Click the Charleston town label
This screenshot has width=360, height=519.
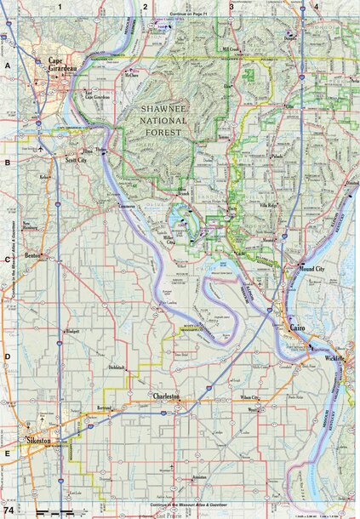[x=165, y=396]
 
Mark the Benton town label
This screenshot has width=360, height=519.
[x=34, y=254]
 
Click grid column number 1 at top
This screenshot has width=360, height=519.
[x=60, y=7]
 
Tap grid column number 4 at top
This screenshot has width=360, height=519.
[x=316, y=7]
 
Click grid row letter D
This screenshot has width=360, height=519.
[x=7, y=357]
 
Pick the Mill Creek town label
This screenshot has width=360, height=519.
[x=231, y=50]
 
